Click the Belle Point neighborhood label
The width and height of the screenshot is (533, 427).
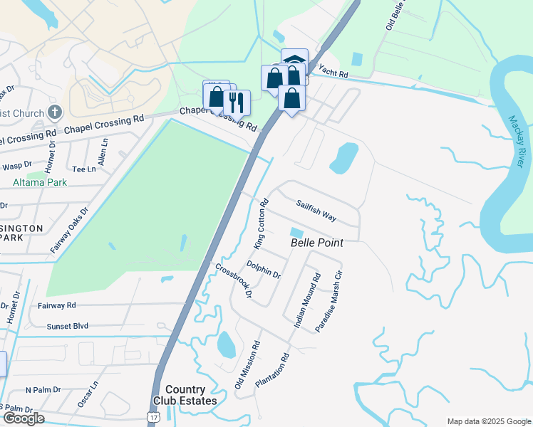[x=317, y=243]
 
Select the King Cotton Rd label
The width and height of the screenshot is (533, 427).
[x=261, y=223]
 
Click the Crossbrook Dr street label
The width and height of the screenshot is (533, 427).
[x=234, y=280]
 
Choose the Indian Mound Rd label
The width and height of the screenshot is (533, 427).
[x=307, y=300]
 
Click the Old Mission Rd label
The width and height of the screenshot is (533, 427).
[x=247, y=364]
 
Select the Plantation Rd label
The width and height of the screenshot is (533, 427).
[x=273, y=370]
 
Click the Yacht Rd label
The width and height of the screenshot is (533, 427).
[x=333, y=72]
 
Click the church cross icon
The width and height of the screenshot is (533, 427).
[x=55, y=112]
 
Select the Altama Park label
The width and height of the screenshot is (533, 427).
[x=40, y=183]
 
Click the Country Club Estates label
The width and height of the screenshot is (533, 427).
[x=190, y=395]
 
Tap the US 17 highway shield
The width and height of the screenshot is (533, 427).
[x=153, y=416]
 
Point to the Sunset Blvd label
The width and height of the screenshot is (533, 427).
[x=68, y=326]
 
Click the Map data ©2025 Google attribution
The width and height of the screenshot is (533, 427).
[x=488, y=421]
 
